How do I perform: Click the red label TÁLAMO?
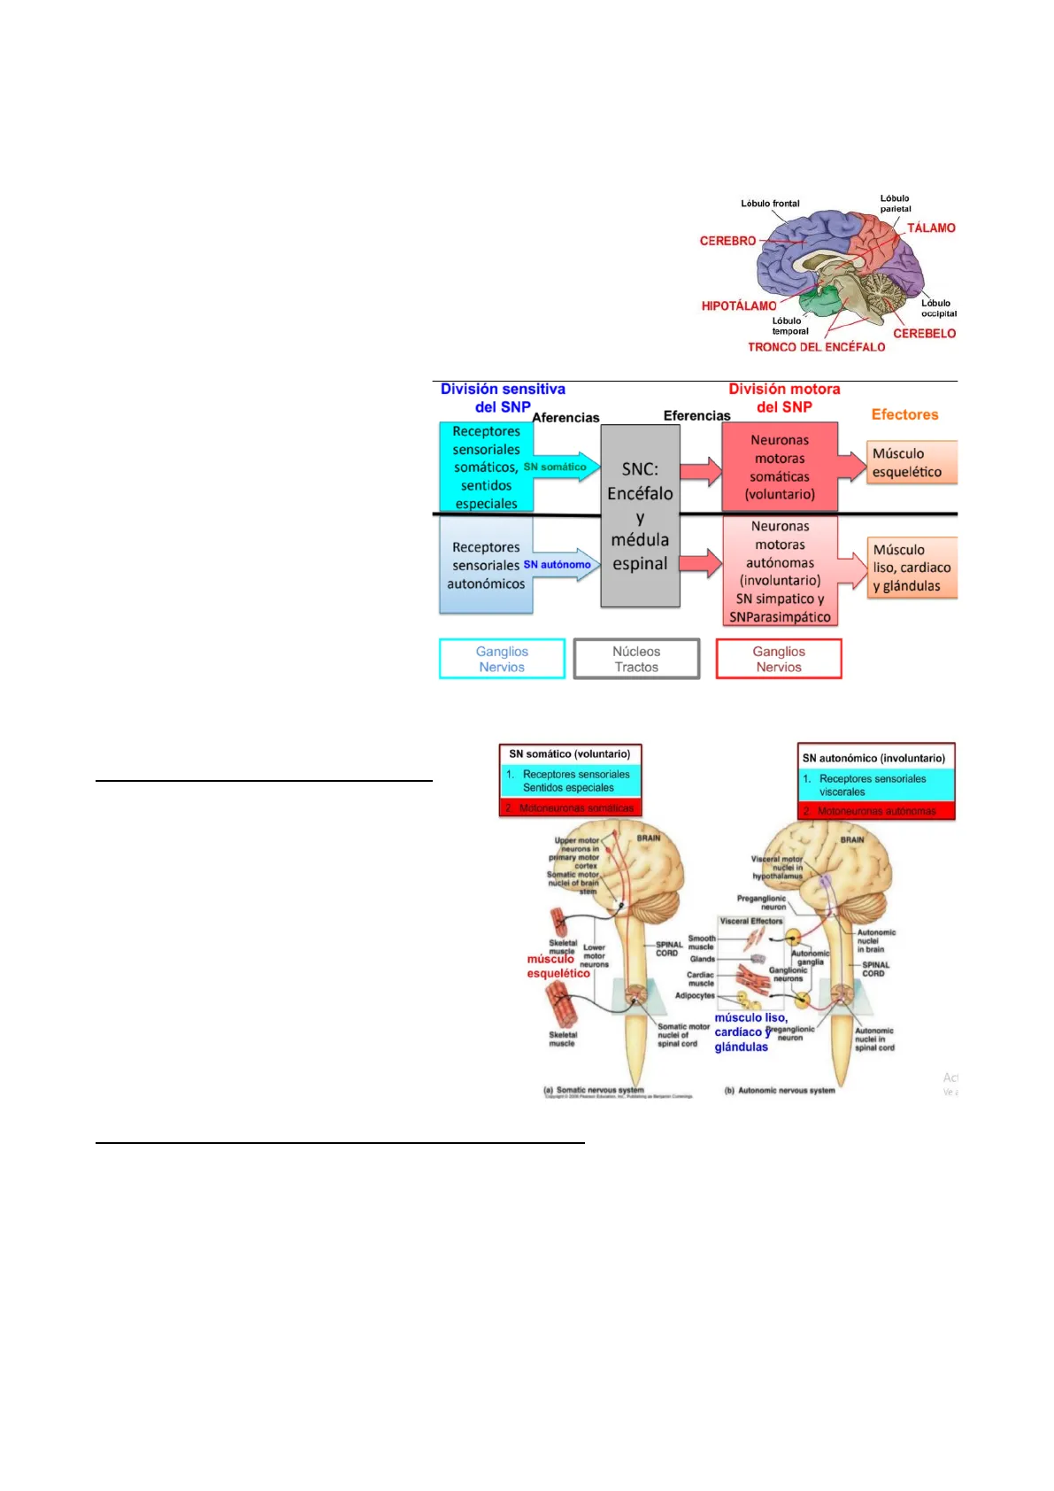click(930, 228)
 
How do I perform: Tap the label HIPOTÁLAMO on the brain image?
click(738, 306)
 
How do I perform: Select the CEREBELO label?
click(924, 334)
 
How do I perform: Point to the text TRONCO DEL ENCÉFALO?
click(816, 347)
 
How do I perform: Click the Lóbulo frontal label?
click(770, 204)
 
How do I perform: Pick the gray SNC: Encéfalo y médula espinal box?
click(640, 515)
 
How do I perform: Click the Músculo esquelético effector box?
click(912, 463)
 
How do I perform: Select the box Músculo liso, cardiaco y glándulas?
click(912, 568)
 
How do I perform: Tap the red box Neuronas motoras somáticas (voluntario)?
click(779, 467)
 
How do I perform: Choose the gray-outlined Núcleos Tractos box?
click(636, 659)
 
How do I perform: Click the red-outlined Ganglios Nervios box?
click(779, 659)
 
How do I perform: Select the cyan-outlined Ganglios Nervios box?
click(502, 659)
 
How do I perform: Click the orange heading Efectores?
click(904, 414)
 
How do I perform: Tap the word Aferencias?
click(565, 418)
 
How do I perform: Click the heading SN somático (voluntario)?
click(570, 754)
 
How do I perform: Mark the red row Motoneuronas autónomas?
click(876, 811)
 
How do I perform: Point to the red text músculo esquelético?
click(558, 966)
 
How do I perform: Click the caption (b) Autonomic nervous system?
click(780, 1091)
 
